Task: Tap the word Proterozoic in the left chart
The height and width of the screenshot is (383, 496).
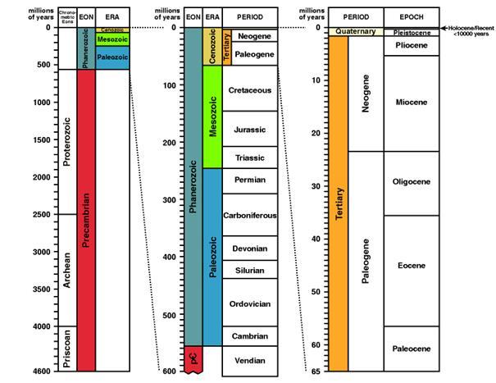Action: (x=66, y=140)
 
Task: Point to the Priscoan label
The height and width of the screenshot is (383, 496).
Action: (x=66, y=348)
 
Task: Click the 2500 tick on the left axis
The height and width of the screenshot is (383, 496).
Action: (x=40, y=214)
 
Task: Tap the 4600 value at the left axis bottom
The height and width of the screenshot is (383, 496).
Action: (x=39, y=372)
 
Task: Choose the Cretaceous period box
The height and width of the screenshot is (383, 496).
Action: (x=249, y=90)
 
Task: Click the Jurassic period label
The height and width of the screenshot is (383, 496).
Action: (x=249, y=130)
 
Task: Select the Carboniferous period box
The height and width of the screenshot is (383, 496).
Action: (x=249, y=215)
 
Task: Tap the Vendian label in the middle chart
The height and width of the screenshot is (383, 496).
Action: (x=249, y=358)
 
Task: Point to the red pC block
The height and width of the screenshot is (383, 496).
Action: (x=192, y=358)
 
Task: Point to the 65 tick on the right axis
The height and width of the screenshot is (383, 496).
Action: (x=316, y=372)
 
